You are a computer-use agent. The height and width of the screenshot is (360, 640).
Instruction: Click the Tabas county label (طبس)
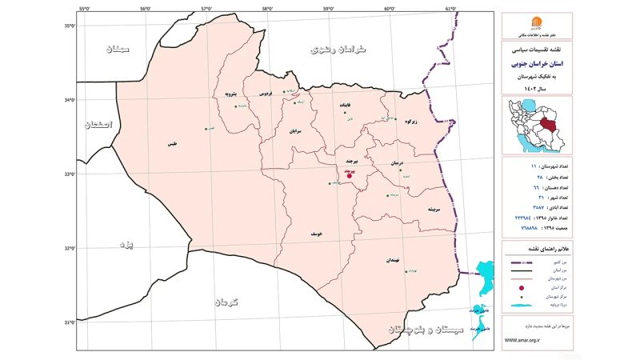(171, 144)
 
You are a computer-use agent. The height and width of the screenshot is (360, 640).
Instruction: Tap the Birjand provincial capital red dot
(350, 174)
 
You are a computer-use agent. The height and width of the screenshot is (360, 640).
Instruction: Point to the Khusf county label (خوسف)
(317, 234)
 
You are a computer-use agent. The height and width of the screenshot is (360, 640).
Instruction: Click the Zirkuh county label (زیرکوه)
(412, 122)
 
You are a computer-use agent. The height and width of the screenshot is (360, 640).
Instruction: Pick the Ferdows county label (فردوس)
(265, 94)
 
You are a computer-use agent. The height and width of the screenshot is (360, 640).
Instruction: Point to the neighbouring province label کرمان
(226, 302)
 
